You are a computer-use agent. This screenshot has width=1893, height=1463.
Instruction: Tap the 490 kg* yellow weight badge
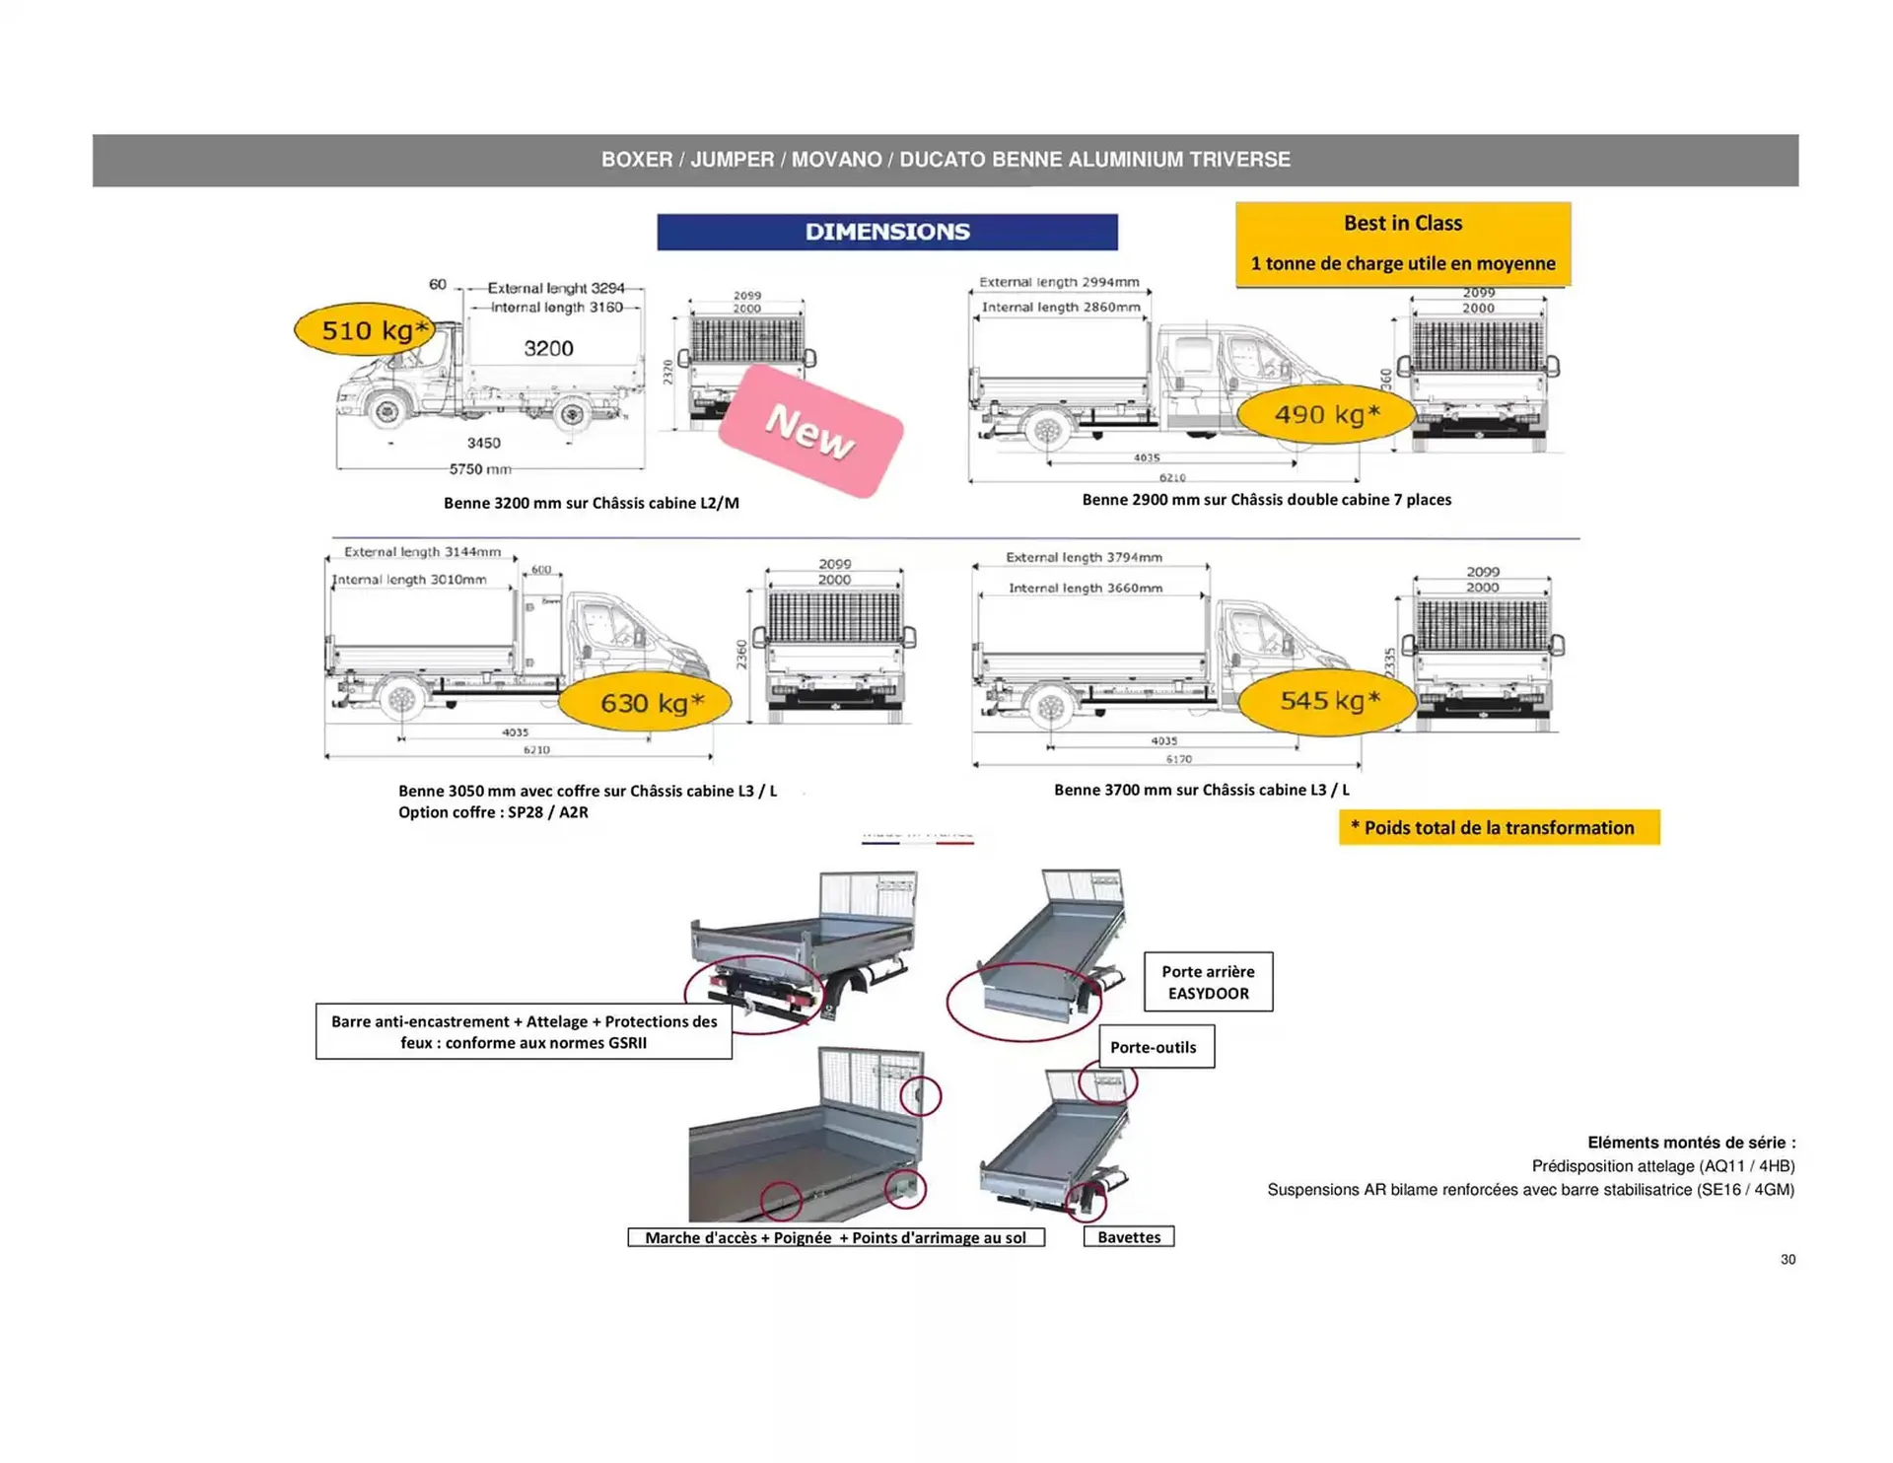coord(1326,414)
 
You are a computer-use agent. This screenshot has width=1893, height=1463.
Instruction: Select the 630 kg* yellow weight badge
coord(645,703)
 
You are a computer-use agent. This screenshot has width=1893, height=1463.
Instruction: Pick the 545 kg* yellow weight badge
coord(1328,701)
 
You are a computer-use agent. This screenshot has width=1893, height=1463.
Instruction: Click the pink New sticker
coord(810,431)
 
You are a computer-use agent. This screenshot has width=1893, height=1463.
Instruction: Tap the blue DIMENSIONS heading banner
coord(887,232)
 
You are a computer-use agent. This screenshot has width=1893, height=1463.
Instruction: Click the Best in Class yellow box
coord(1402,244)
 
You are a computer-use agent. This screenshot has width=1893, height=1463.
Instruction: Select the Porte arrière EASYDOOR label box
coord(1208,982)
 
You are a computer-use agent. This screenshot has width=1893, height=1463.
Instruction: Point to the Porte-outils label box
coord(1156,1047)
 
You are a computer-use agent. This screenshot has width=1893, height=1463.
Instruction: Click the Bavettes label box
coord(1129,1237)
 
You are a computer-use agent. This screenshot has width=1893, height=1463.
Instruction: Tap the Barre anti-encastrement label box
coord(524,1032)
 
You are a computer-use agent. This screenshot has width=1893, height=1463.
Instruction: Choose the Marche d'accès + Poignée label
coord(835,1238)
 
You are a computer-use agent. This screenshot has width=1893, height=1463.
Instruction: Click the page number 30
coord(1788,1260)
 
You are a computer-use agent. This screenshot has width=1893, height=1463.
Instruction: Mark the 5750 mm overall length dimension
coord(480,469)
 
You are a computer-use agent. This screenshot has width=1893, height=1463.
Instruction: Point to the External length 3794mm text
coord(1084,557)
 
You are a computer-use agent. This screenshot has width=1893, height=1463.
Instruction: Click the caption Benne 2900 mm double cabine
coord(1266,500)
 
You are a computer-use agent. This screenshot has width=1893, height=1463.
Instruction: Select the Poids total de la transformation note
coord(1499,828)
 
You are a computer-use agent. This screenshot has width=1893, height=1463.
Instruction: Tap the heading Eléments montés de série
coord(1691,1143)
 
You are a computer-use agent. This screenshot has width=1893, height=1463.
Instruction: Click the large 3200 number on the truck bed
coord(548,348)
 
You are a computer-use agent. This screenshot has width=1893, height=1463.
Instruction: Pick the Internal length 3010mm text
coord(409,580)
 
